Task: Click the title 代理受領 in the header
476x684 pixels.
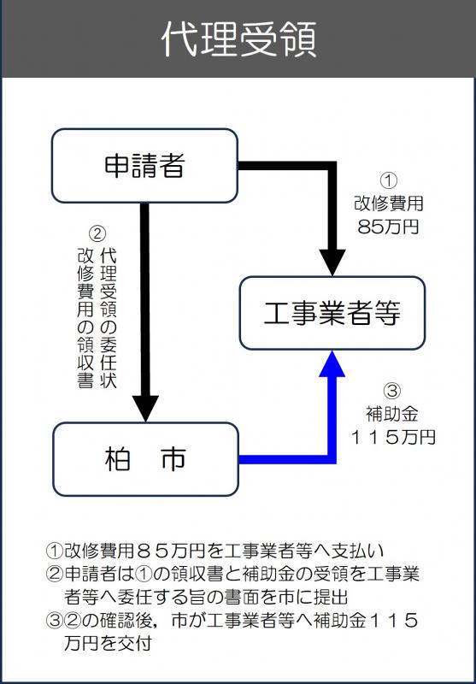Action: pos(238,39)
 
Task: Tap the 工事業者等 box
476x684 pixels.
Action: pos(332,313)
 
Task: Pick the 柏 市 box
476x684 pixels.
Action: pos(144,460)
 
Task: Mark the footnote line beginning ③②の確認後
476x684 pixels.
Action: pos(231,620)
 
